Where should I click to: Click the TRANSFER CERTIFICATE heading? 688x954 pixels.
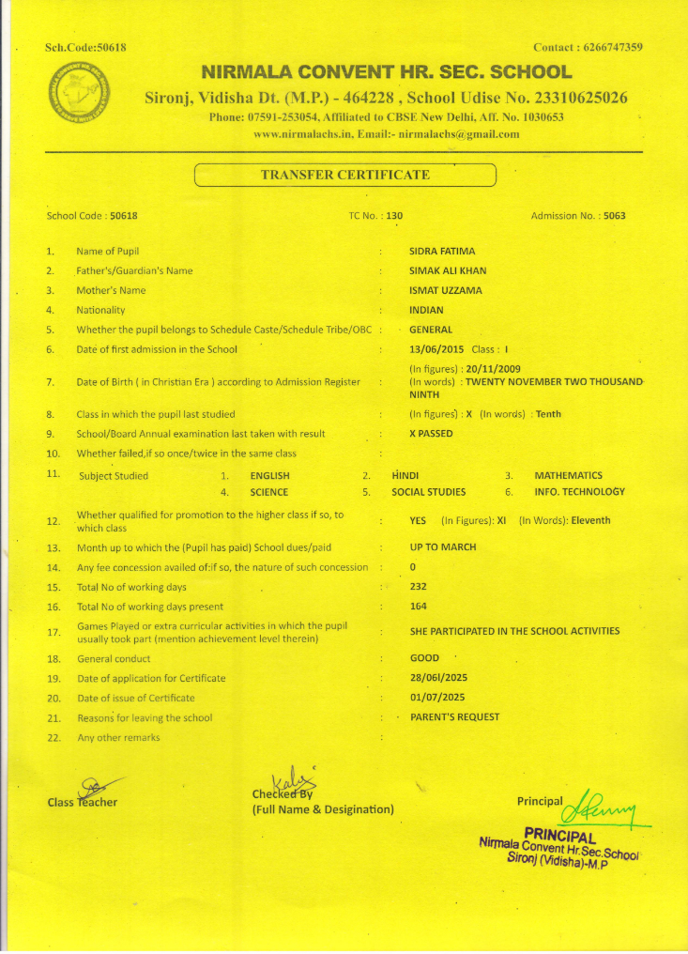(x=344, y=175)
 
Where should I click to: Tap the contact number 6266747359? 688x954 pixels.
(x=607, y=48)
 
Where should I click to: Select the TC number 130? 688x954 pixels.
(x=394, y=216)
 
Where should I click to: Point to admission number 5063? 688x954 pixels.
(x=615, y=216)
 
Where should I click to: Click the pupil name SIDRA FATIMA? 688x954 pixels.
(x=442, y=252)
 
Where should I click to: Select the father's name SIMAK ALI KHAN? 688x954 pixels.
(x=448, y=271)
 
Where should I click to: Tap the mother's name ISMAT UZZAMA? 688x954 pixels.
(x=446, y=290)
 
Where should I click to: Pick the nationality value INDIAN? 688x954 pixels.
(x=427, y=310)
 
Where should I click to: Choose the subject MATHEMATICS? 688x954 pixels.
(x=568, y=476)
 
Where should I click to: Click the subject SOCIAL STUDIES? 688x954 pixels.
(x=428, y=492)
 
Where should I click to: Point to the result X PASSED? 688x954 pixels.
(x=431, y=434)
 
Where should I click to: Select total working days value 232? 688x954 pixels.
(x=419, y=587)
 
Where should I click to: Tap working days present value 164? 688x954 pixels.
(x=419, y=607)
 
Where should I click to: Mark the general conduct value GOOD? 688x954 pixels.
(x=424, y=658)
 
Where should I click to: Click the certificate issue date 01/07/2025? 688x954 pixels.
(x=437, y=698)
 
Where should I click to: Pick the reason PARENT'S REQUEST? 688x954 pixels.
(x=454, y=717)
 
